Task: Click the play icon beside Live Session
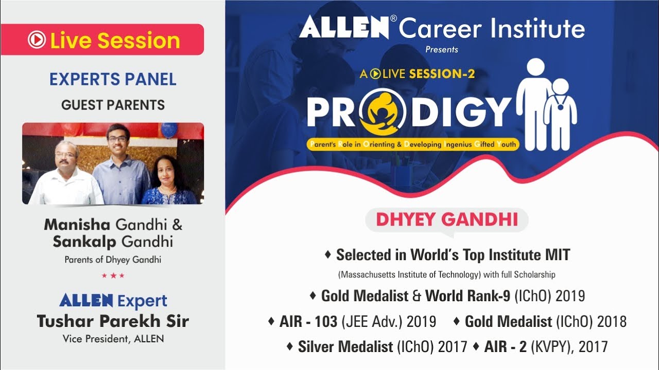point(37,40)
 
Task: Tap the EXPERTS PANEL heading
point(113,79)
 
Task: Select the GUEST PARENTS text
point(113,105)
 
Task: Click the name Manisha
point(77,225)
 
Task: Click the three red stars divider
point(113,275)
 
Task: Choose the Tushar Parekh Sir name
point(113,321)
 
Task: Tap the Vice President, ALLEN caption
point(113,339)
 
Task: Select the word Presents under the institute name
point(441,50)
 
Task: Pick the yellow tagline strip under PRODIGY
point(412,144)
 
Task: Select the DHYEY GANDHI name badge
point(446,219)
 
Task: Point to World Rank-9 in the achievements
point(467,296)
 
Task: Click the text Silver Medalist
point(345,347)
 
